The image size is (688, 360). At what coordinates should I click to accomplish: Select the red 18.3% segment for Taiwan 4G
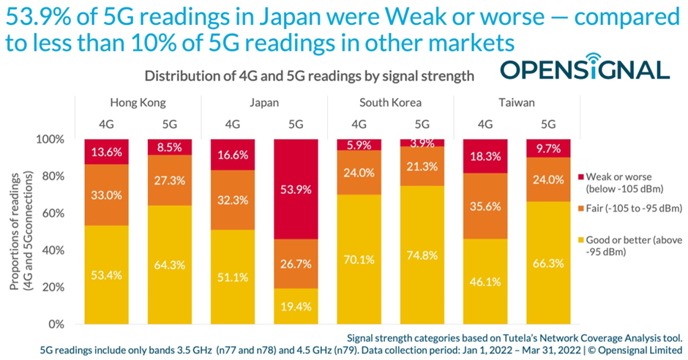(486, 156)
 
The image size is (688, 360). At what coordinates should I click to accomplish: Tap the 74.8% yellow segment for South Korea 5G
(422, 255)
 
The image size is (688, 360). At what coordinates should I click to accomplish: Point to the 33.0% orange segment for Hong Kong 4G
(107, 195)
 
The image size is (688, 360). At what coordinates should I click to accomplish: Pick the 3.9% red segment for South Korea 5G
(422, 143)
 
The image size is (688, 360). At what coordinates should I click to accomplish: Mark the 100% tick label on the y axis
(56, 139)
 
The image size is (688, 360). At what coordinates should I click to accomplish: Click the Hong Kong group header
(138, 102)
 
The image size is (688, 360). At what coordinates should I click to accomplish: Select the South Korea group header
(390, 102)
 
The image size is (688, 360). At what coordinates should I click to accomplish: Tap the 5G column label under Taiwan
(548, 124)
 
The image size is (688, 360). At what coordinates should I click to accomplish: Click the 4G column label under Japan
(233, 124)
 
